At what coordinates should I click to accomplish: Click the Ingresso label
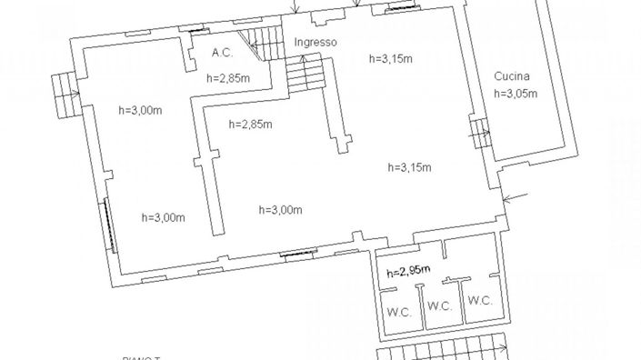pyautogui.click(x=315, y=43)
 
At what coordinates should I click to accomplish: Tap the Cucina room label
pyautogui.click(x=512, y=76)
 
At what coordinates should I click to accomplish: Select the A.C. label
pyautogui.click(x=223, y=53)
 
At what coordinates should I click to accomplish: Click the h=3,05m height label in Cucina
pyautogui.click(x=515, y=93)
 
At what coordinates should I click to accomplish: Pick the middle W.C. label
pyautogui.click(x=439, y=305)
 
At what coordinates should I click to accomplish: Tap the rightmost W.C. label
pyautogui.click(x=480, y=300)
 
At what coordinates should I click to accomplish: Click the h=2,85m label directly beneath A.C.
pyautogui.click(x=228, y=78)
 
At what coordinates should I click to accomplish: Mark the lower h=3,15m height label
pyautogui.click(x=409, y=166)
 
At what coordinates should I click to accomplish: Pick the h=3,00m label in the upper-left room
pyautogui.click(x=141, y=110)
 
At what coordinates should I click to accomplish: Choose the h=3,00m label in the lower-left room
pyautogui.click(x=164, y=216)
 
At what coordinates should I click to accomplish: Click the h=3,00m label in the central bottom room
pyautogui.click(x=280, y=210)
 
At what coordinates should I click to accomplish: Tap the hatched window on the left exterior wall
pyautogui.click(x=108, y=224)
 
